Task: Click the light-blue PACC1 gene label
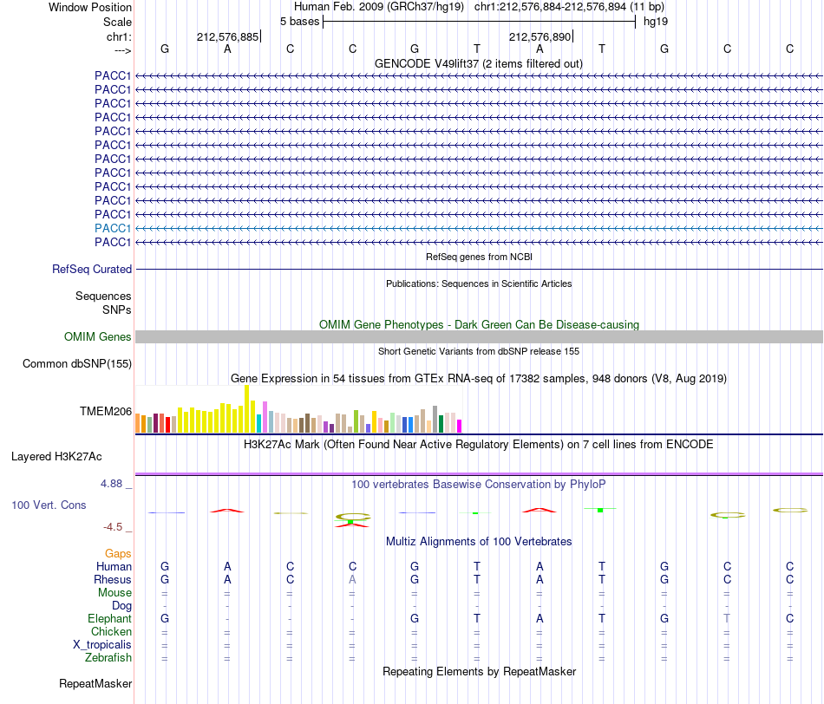[x=113, y=228]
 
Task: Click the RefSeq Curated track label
[x=92, y=269]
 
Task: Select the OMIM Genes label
[x=98, y=336]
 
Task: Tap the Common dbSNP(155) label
[x=77, y=363]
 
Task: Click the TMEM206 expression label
[x=106, y=411]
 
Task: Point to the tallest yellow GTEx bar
[x=247, y=408]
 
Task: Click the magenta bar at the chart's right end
[x=460, y=426]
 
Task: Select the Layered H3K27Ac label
[x=56, y=457]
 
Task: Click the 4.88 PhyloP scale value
[x=111, y=483]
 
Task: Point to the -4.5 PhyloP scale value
[x=113, y=527]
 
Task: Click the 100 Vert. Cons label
[x=49, y=505]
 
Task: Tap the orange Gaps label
[x=118, y=553]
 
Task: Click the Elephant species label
[x=110, y=618]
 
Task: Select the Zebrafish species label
[x=108, y=657]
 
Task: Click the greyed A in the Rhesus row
[x=353, y=579]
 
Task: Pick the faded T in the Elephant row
[x=727, y=618]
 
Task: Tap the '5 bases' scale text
[x=299, y=22]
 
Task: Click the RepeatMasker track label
[x=95, y=683]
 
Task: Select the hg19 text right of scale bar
[x=656, y=22]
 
